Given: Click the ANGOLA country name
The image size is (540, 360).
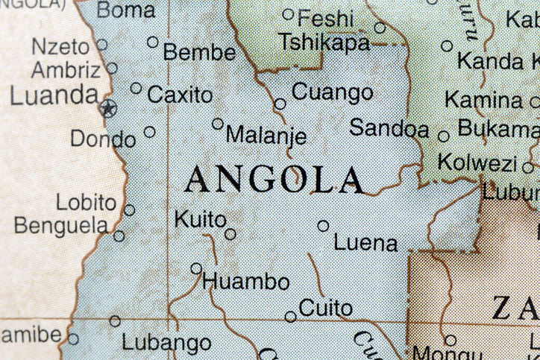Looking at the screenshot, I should [275, 180].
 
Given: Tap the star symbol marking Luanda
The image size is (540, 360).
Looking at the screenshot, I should [108, 110].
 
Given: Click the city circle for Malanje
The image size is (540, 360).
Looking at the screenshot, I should [218, 124].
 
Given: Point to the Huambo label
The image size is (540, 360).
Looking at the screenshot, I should [245, 282].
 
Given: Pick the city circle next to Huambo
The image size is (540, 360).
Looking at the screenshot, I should [196, 268].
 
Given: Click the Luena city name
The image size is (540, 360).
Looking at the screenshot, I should [365, 243].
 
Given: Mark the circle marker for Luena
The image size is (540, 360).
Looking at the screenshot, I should [323, 225].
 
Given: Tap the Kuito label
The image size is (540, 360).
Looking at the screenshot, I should [199, 219].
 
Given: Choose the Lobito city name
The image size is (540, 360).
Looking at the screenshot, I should [87, 202].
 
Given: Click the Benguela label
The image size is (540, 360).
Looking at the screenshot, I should [60, 224].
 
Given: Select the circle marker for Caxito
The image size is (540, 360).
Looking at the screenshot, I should [136, 88].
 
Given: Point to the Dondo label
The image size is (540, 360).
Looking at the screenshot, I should [103, 139].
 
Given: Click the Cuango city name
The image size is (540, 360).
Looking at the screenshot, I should [332, 92].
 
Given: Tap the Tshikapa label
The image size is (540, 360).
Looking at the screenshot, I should [324, 42].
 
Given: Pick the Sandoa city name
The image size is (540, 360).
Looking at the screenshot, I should [389, 127].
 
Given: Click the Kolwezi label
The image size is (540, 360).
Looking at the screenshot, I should [477, 162].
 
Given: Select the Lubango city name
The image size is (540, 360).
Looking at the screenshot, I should [166, 344].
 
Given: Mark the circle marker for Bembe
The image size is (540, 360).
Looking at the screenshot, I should [153, 42].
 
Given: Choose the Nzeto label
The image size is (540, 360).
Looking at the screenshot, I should [60, 46].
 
